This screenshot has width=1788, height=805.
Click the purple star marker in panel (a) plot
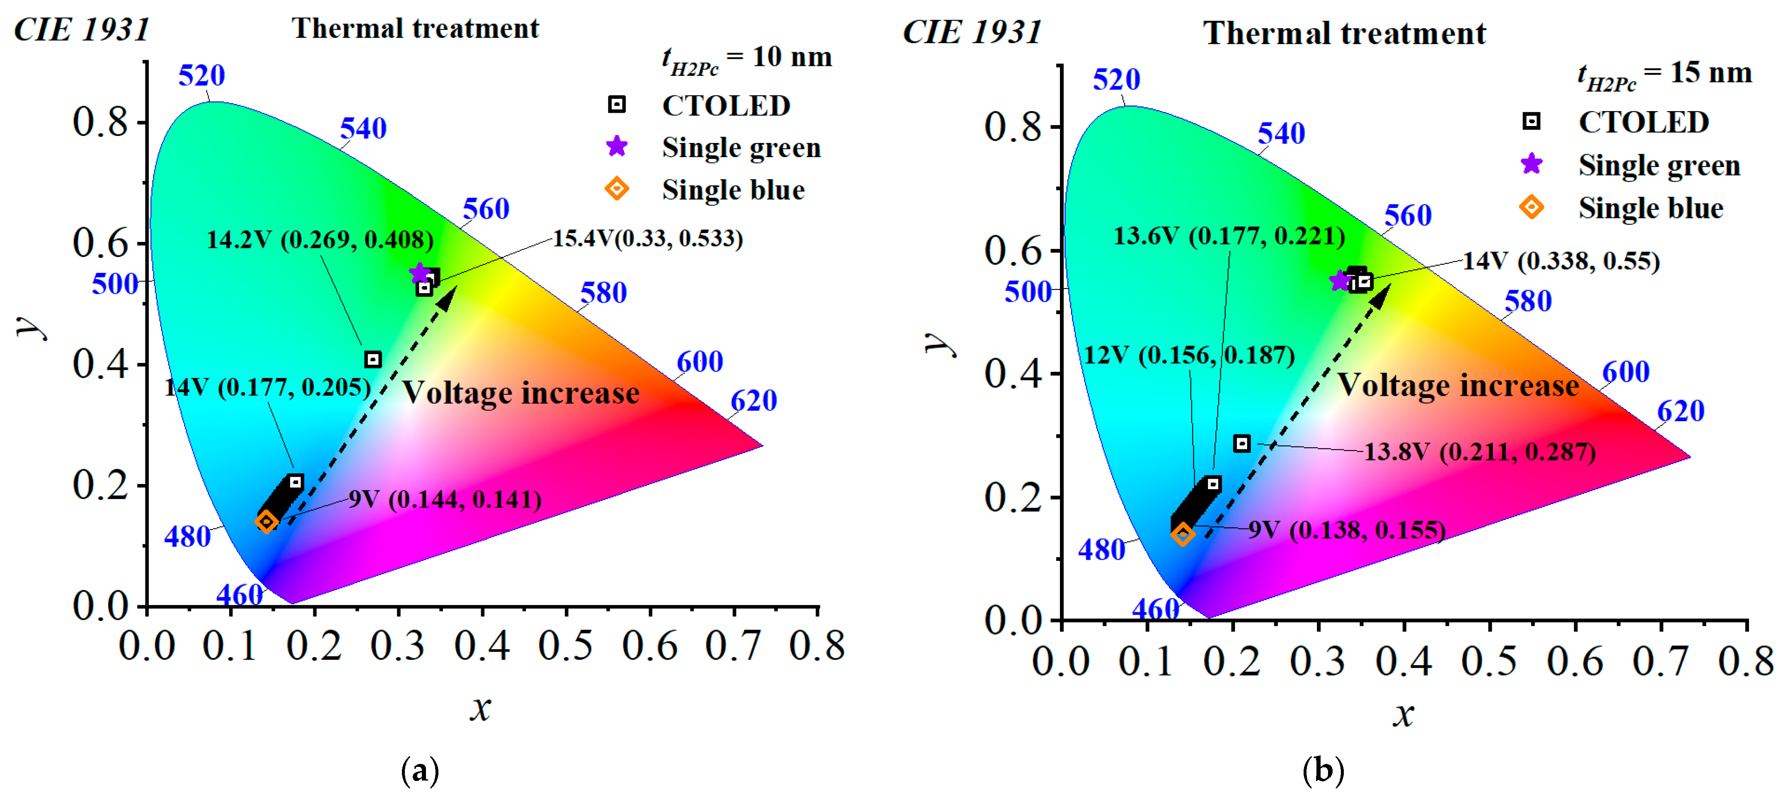coord(419,273)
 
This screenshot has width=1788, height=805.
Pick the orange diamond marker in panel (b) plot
coord(1183,534)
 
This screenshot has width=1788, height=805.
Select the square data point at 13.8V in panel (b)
coord(1242,443)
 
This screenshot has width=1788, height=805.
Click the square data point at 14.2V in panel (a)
coord(373,359)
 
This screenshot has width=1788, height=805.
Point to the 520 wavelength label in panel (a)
coord(201,75)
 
